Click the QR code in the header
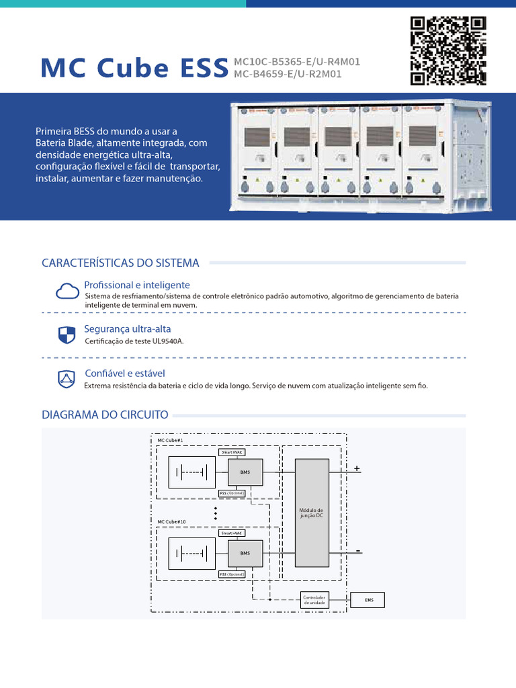click(448, 50)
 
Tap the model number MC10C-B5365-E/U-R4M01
click(292, 62)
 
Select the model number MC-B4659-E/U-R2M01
click(288, 74)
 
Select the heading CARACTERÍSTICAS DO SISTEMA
click(120, 263)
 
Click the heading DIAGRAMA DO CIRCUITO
click(105, 415)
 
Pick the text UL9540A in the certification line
click(168, 341)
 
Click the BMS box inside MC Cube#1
click(245, 472)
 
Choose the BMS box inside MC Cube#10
click(245, 553)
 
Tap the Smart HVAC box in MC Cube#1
click(232, 452)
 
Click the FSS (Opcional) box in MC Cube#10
click(232, 574)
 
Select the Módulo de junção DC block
click(312, 513)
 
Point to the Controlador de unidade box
click(314, 600)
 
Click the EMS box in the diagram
click(368, 600)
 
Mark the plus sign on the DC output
click(357, 468)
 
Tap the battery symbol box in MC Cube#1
click(191, 472)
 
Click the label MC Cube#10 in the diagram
click(172, 521)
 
